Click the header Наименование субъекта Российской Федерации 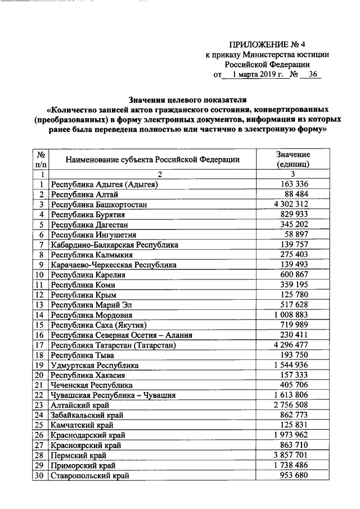click(152, 159)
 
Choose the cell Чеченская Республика click(92, 385)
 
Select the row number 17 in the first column click(39, 345)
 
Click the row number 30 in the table click(39, 475)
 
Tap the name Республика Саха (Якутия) click(98, 325)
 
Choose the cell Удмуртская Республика click(94, 365)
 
